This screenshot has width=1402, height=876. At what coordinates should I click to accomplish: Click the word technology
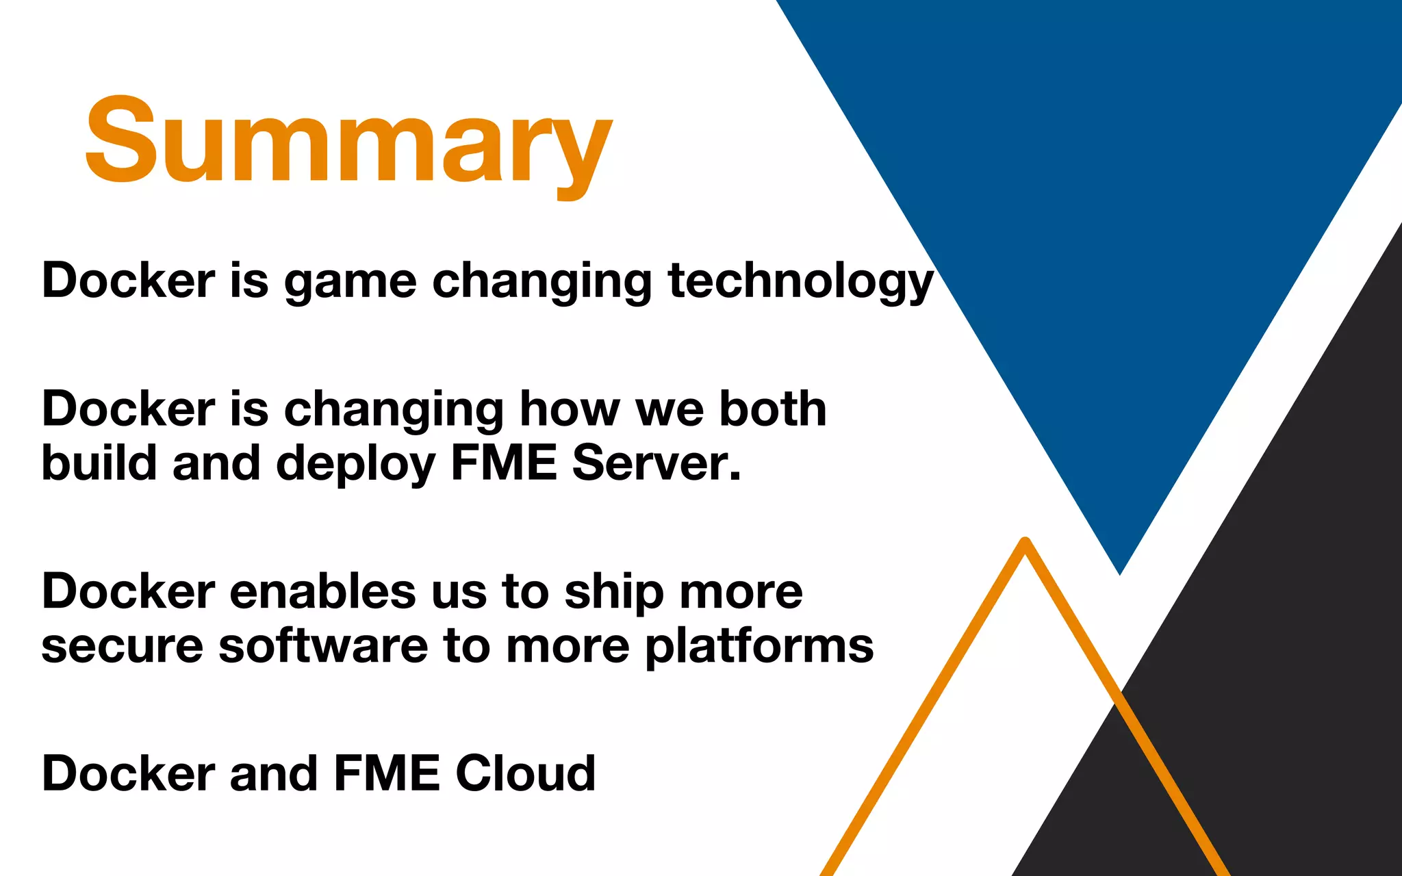[800, 281]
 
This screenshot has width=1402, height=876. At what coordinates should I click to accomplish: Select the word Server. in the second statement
[656, 463]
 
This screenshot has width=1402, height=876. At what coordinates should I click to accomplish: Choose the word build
[100, 463]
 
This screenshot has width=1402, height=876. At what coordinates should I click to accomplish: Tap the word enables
[322, 591]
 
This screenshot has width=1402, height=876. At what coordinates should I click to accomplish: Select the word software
[322, 646]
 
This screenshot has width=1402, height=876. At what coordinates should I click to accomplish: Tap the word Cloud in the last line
[525, 773]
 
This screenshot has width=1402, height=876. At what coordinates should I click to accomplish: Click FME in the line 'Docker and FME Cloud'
[386, 774]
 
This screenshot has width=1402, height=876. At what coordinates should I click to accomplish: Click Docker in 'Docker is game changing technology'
[129, 281]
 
